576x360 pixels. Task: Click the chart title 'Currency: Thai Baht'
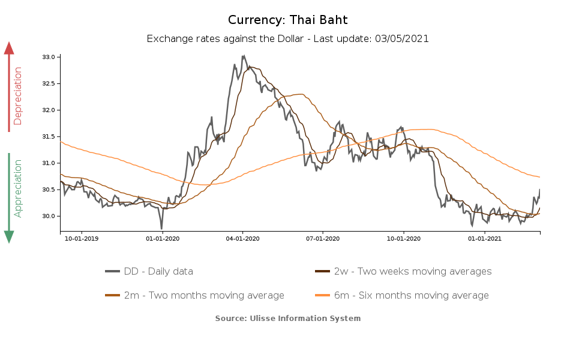click(287, 20)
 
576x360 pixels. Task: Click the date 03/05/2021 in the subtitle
click(401, 38)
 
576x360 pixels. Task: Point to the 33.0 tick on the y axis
click(49, 57)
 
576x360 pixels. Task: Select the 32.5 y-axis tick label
click(49, 83)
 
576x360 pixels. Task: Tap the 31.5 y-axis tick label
click(49, 137)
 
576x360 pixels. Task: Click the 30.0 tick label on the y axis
click(49, 216)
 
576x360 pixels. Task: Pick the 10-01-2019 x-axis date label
click(81, 239)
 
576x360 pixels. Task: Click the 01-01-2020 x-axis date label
click(162, 239)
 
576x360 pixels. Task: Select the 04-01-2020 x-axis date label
click(242, 239)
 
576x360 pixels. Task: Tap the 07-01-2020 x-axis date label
click(323, 239)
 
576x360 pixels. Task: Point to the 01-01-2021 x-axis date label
click(484, 239)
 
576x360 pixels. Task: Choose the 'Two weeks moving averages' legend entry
click(413, 271)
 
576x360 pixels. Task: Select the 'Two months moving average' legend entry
click(204, 295)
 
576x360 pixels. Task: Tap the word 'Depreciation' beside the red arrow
click(18, 96)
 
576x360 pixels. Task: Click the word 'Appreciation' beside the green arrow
click(18, 188)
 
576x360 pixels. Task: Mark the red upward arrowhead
click(9, 48)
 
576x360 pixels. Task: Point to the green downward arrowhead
click(9, 237)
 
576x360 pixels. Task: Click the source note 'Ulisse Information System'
click(305, 318)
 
